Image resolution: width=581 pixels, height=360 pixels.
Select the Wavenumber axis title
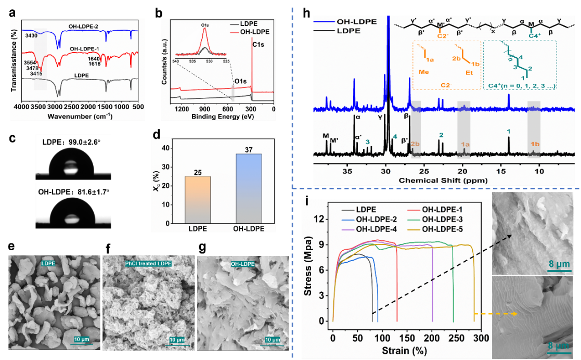coord(78,115)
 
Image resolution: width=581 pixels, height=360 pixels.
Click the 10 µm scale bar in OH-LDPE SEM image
coord(272,340)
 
